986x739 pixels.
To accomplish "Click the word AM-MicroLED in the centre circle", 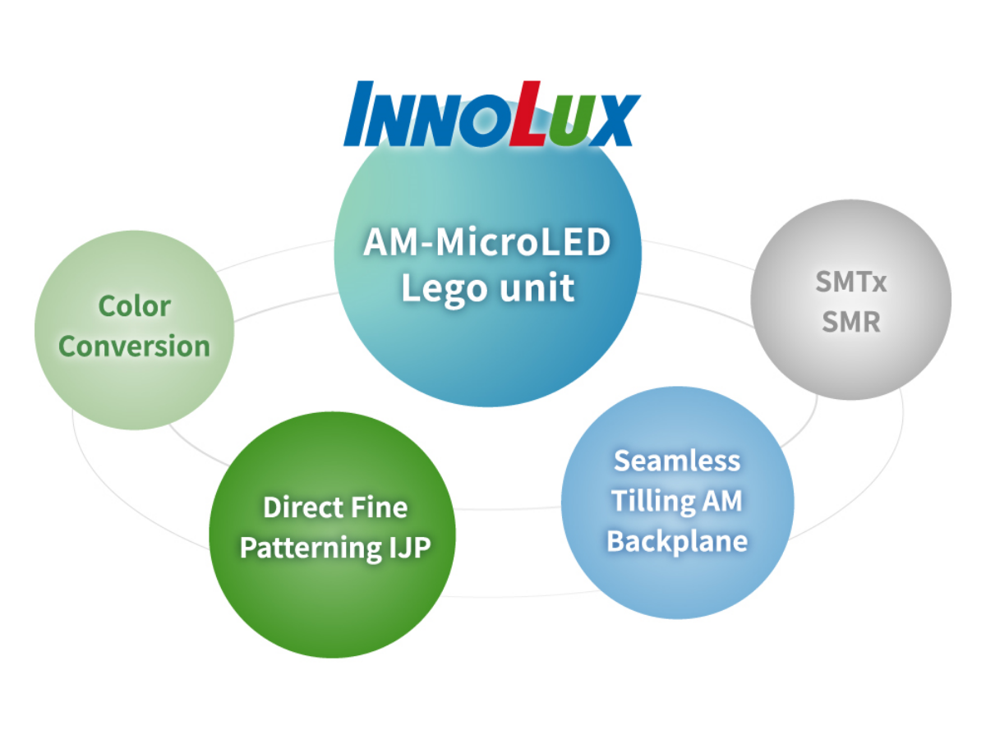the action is [x=487, y=242].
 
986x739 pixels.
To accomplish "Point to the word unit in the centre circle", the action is [x=537, y=287].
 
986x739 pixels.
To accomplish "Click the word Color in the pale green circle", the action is [x=134, y=306].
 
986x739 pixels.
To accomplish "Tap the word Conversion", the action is [x=134, y=346].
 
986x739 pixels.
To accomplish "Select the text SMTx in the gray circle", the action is [x=851, y=282].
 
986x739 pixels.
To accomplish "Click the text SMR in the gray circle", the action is [x=851, y=321].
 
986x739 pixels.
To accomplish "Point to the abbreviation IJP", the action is [x=410, y=548].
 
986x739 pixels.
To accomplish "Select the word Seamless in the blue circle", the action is [x=677, y=461].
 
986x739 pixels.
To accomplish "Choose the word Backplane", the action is [x=677, y=542].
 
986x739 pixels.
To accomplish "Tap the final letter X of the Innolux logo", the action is [x=615, y=120].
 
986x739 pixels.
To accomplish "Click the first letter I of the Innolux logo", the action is [x=358, y=113].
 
